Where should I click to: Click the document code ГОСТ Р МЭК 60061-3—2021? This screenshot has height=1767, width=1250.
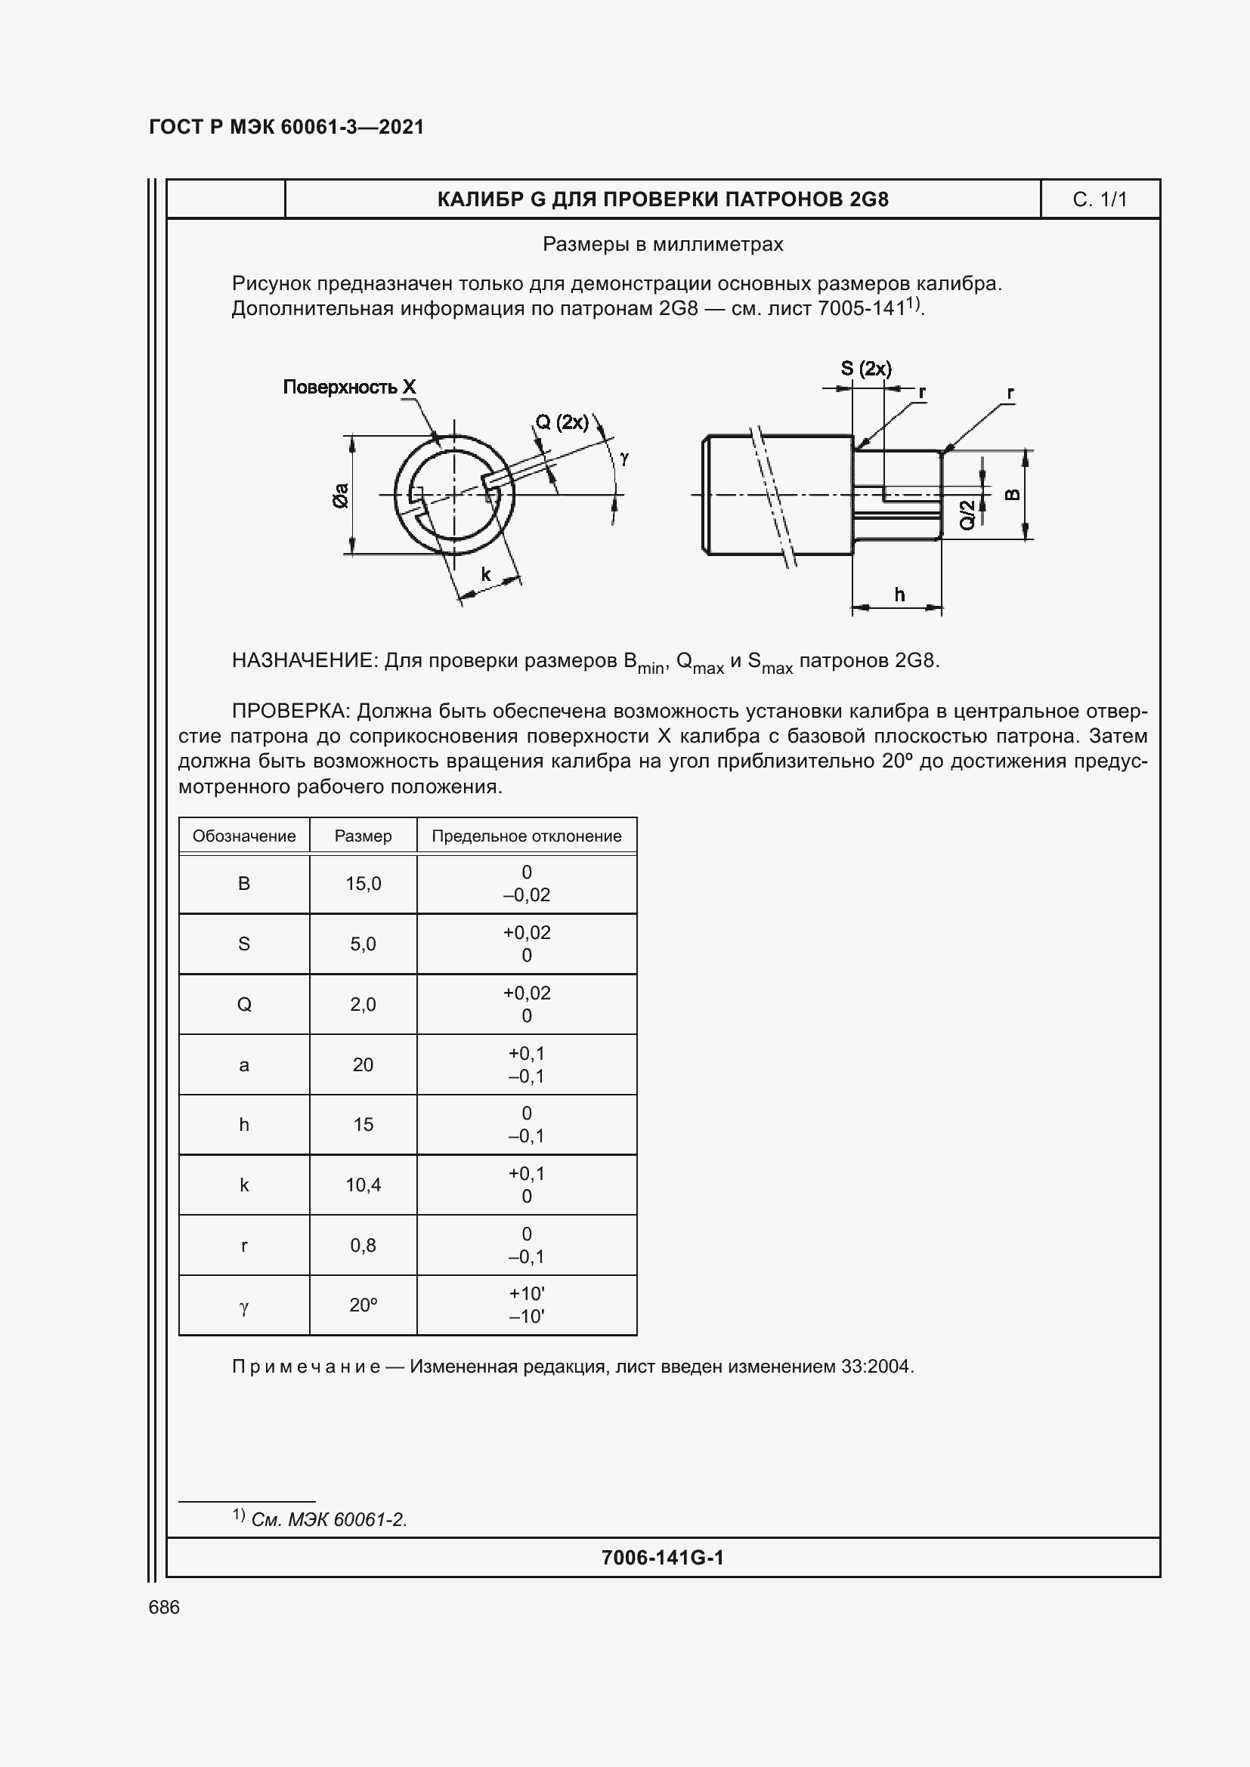coord(286,127)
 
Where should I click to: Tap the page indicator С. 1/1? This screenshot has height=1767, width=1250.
coord(1099,199)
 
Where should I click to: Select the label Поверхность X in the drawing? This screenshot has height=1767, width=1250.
coord(348,387)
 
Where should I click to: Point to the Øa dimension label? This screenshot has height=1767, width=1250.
coord(340,495)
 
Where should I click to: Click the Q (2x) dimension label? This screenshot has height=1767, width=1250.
coord(562,422)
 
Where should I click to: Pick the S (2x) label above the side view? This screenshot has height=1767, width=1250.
coord(866,369)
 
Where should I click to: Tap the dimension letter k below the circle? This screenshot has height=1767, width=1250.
coord(486,574)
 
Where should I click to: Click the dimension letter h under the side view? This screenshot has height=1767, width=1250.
coord(899,595)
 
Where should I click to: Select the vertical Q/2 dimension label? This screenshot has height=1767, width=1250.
coord(968,514)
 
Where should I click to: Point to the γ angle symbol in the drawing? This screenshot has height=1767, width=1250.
coord(624,458)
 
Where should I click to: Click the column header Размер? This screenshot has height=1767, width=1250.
coord(363,836)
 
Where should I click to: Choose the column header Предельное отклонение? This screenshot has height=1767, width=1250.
coord(527,836)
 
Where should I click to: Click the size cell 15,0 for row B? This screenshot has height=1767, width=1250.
coord(363,884)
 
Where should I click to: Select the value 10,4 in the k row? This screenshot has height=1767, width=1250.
coord(363,1185)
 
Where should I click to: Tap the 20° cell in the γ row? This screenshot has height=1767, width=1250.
coord(363,1305)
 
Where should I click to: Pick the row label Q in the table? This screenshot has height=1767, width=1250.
coord(244,1004)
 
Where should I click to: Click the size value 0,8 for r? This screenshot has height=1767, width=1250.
coord(363,1245)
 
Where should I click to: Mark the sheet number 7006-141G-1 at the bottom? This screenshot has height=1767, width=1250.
coord(662,1558)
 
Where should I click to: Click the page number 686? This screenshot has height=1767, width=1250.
coord(164,1607)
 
